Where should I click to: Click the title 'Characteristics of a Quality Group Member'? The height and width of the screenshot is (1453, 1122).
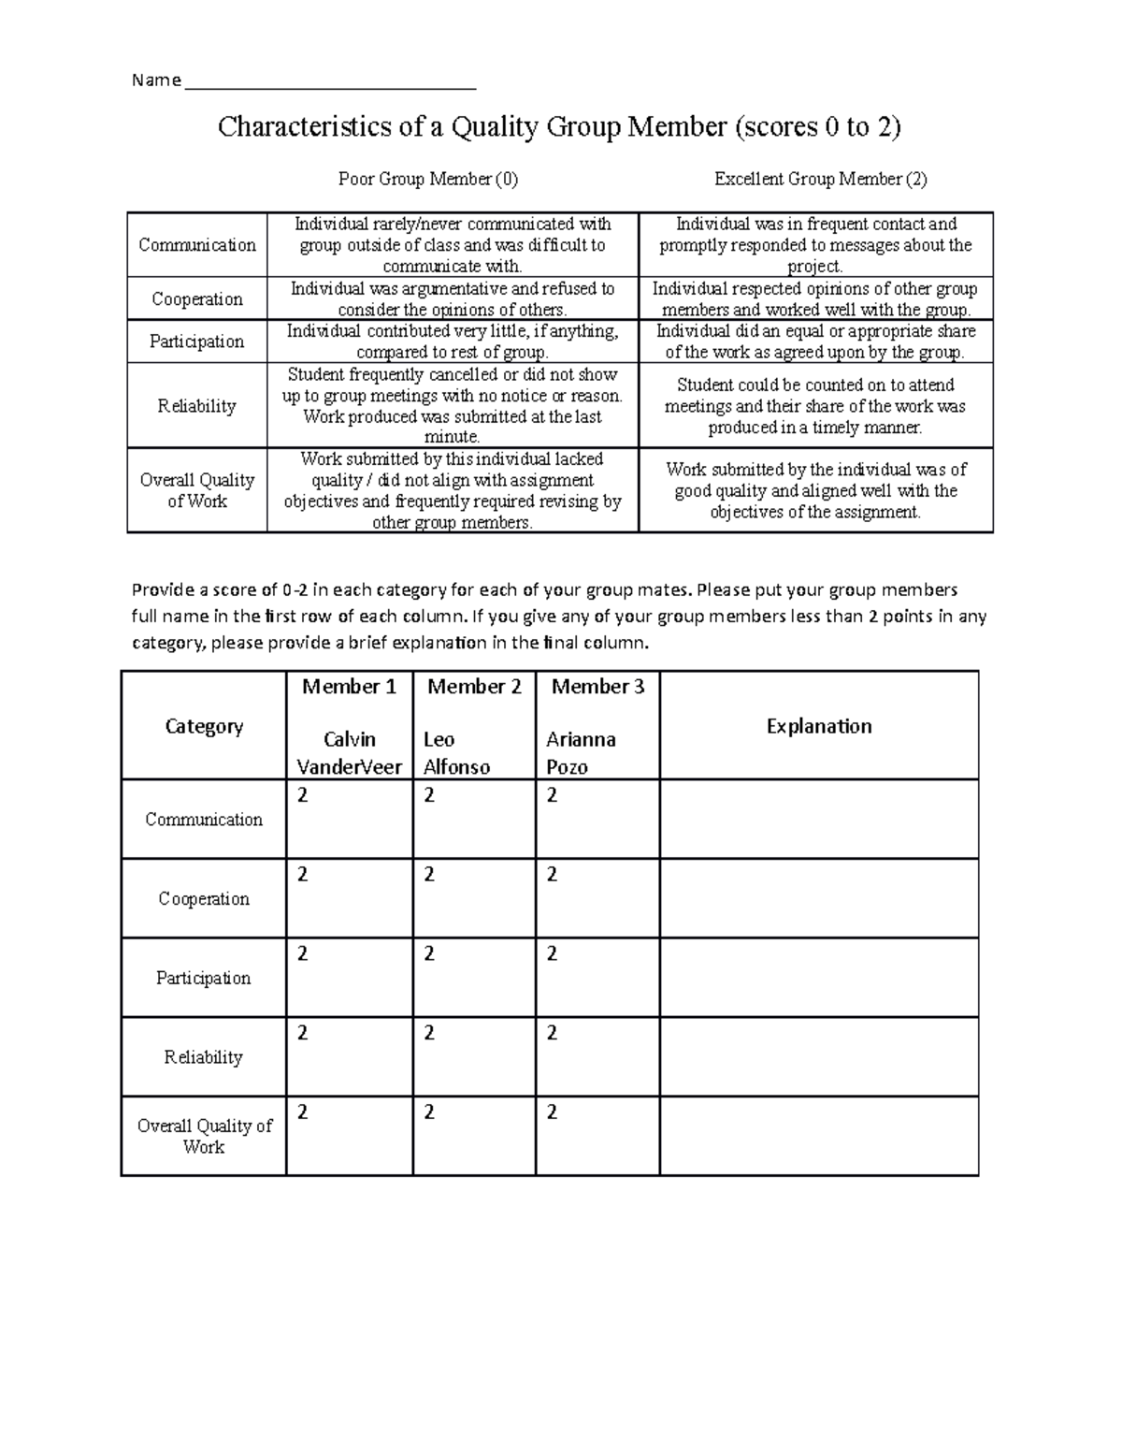(559, 126)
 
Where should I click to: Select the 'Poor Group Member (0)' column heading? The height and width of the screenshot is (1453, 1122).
(427, 179)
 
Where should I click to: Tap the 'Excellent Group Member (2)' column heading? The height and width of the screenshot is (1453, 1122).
(820, 179)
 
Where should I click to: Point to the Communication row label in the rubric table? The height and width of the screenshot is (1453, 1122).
(197, 245)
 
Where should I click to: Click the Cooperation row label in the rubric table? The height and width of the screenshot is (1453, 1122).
(197, 299)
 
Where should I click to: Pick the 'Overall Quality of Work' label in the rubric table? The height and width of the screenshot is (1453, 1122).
(197, 490)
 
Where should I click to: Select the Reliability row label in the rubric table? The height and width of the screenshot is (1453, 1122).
(197, 406)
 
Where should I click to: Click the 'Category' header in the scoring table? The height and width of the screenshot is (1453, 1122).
(204, 726)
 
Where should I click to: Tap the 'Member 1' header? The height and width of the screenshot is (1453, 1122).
(349, 687)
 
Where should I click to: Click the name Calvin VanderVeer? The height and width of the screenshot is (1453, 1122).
(349, 753)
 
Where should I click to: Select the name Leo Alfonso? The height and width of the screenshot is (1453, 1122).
(456, 753)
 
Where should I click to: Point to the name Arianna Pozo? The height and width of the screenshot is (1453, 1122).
(581, 753)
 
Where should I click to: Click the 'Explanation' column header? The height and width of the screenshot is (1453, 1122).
(819, 726)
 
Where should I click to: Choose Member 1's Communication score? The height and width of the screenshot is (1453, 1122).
(302, 795)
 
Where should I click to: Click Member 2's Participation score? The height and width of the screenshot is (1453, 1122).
(429, 953)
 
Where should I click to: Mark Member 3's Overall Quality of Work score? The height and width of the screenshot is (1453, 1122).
(552, 1112)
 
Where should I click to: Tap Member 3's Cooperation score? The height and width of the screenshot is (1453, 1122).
(552, 875)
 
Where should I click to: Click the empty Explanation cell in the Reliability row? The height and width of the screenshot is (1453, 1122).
(819, 1057)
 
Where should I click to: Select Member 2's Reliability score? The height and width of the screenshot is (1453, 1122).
(429, 1033)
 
